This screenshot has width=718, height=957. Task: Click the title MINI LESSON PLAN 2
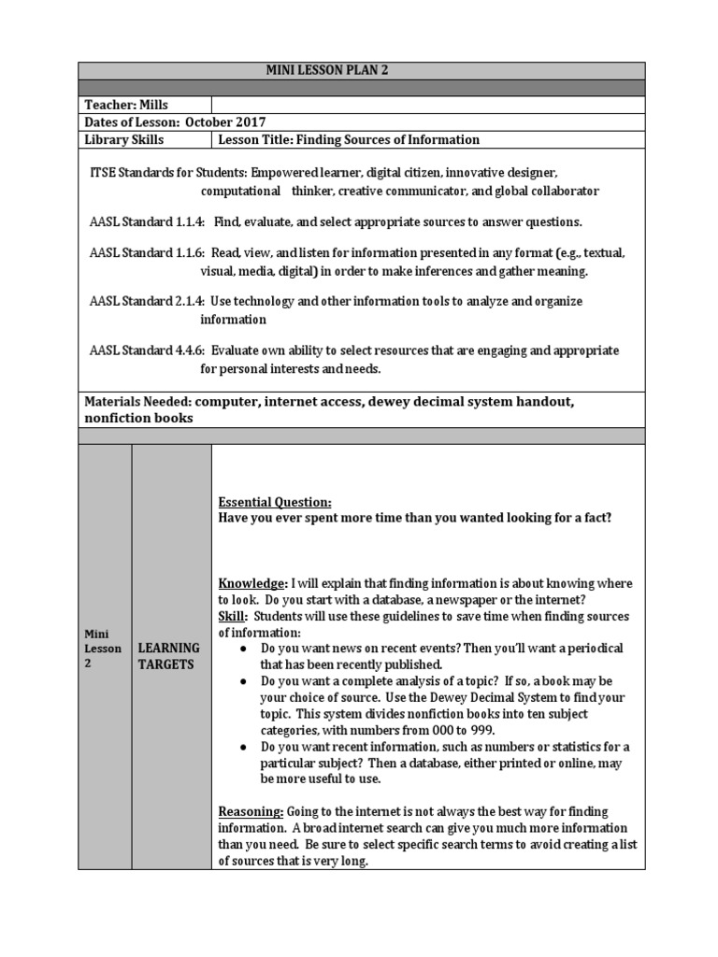coord(360,71)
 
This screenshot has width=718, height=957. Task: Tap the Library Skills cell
coord(124,140)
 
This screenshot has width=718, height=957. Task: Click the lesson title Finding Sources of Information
coord(348,140)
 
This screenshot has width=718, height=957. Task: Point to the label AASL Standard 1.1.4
coord(147,222)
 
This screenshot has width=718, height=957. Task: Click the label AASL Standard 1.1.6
coord(147,254)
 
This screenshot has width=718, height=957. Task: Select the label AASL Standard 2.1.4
coord(147,302)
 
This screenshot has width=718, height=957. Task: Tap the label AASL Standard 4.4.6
coord(147,350)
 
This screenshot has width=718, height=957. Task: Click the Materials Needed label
coord(137,401)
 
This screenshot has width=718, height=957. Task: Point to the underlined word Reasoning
coord(250,810)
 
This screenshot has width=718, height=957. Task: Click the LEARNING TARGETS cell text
coord(169,655)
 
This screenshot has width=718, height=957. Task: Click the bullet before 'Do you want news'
coord(243,649)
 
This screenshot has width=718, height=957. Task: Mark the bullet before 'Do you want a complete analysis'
coord(243,681)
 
